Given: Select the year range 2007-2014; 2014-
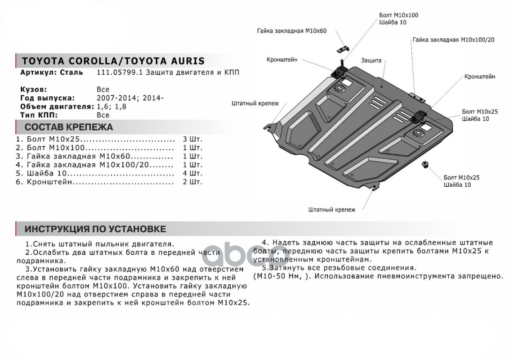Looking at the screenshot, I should pyautogui.click(x=130, y=98).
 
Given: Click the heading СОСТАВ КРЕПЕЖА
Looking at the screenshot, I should pyautogui.click(x=69, y=127).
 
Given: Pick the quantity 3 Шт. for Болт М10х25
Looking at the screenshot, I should pyautogui.click(x=192, y=139).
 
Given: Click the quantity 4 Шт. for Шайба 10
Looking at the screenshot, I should pyautogui.click(x=192, y=173).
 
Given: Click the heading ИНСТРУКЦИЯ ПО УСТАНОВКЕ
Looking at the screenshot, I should pyautogui.click(x=95, y=229).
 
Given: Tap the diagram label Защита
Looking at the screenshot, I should pyautogui.click(x=371, y=60).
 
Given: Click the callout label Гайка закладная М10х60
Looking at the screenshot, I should pyautogui.click(x=291, y=31).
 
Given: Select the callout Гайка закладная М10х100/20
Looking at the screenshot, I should pyautogui.click(x=453, y=40).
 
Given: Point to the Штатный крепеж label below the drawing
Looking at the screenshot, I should pyautogui.click(x=332, y=210).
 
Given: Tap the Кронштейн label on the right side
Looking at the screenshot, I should pyautogui.click(x=480, y=76).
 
